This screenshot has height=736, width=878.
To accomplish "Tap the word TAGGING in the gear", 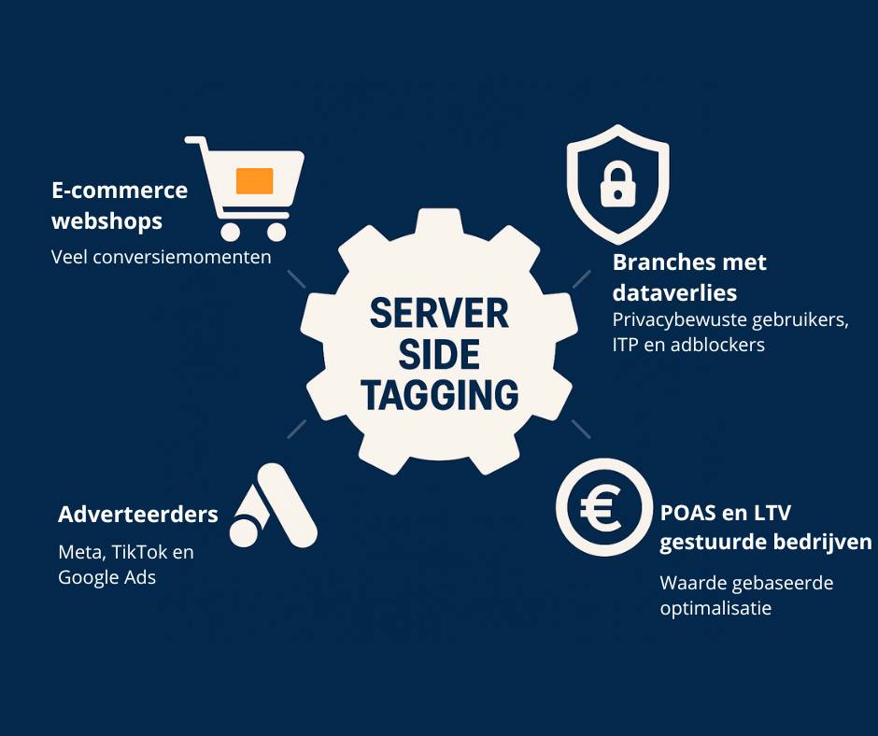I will click(x=439, y=396).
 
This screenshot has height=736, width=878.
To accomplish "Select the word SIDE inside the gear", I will click(x=439, y=355).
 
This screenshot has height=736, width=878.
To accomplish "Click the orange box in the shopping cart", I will click(x=254, y=180).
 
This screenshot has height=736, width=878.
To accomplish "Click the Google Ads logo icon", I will click(x=272, y=511).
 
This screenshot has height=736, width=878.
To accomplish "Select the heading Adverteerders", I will click(x=138, y=514).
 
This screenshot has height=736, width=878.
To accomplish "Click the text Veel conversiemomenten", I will click(x=161, y=256).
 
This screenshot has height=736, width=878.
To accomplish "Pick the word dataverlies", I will click(x=674, y=292).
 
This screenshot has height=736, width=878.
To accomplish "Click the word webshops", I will click(x=106, y=221).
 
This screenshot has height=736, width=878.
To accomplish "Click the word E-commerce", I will click(x=120, y=191).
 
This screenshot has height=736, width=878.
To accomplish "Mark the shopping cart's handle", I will click(x=195, y=142).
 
